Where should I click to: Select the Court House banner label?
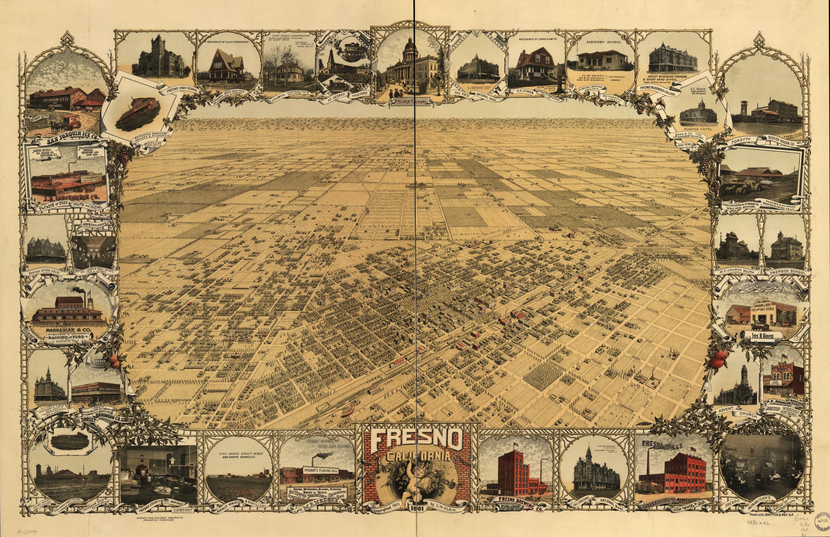click(x=413, y=102)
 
